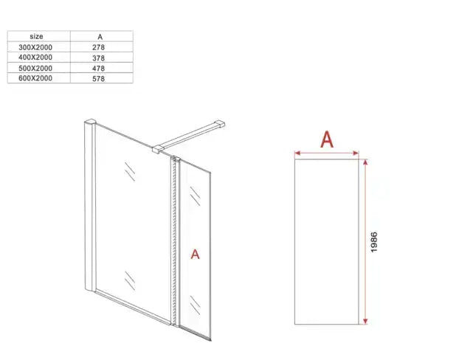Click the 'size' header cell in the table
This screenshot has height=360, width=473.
[37, 35]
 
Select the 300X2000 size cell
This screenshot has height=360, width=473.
[37, 46]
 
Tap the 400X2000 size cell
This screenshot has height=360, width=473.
[37, 57]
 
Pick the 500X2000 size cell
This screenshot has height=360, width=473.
[37, 68]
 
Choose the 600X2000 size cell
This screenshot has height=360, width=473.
[37, 78]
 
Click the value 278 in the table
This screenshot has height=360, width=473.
[100, 46]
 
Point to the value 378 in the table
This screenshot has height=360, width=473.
[100, 57]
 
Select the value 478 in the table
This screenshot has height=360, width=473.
[100, 68]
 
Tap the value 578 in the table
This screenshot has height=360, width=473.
[100, 78]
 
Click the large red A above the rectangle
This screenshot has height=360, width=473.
[327, 139]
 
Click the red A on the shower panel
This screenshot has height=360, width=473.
[196, 254]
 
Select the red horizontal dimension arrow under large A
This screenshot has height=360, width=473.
[327, 154]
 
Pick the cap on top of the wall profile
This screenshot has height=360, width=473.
[90, 122]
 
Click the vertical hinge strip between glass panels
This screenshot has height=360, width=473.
[176, 243]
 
